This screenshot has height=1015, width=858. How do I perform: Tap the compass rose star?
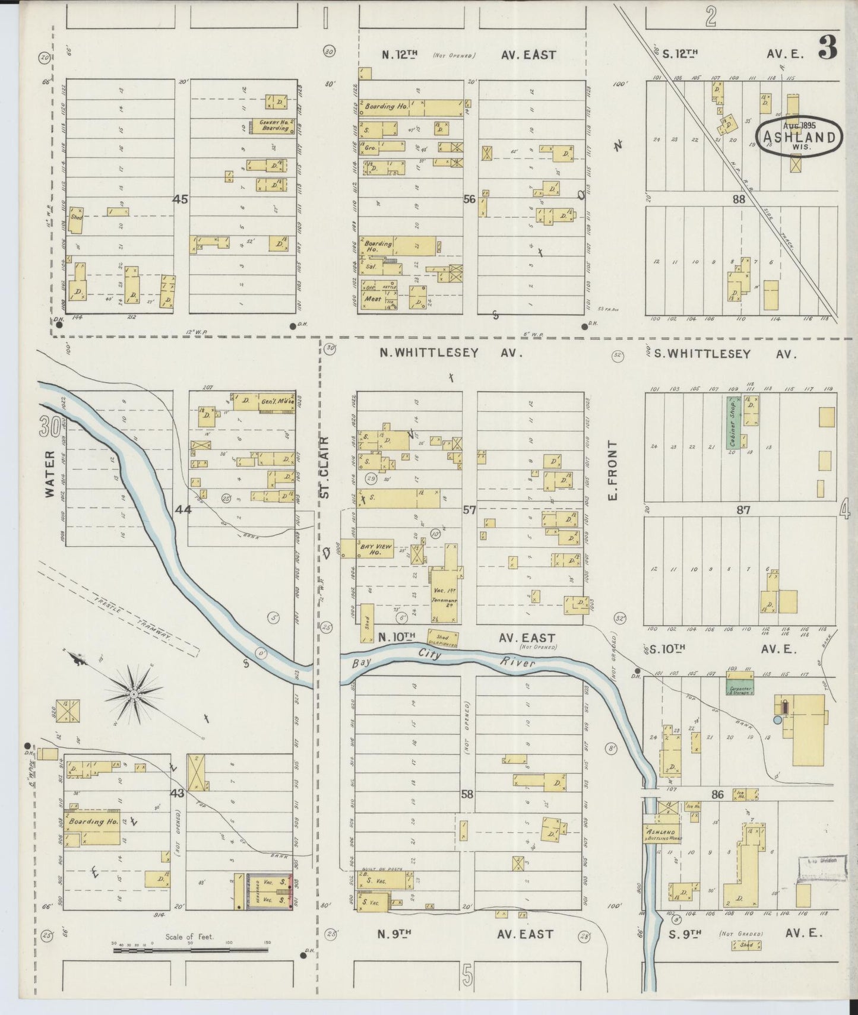tap(135, 693)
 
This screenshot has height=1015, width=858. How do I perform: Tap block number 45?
tap(180, 199)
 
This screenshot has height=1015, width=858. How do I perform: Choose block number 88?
tap(738, 199)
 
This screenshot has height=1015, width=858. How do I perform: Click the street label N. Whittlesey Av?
tap(451, 353)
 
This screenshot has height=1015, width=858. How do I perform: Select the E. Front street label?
tap(613, 469)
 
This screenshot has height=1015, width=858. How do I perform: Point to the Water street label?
tap(49, 474)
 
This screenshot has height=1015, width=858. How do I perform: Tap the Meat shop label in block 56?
tap(372, 299)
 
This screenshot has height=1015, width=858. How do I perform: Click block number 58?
tap(467, 794)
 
